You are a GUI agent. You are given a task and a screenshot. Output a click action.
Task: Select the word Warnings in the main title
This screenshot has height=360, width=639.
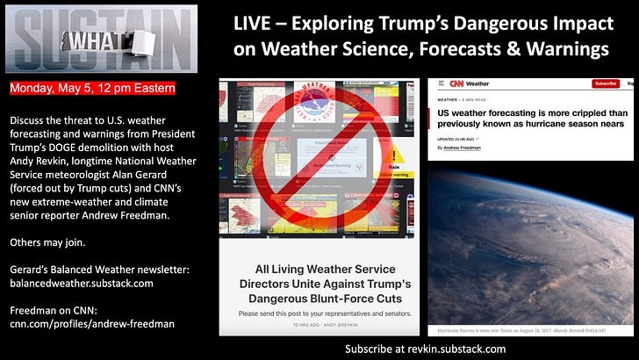click(561, 49)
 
